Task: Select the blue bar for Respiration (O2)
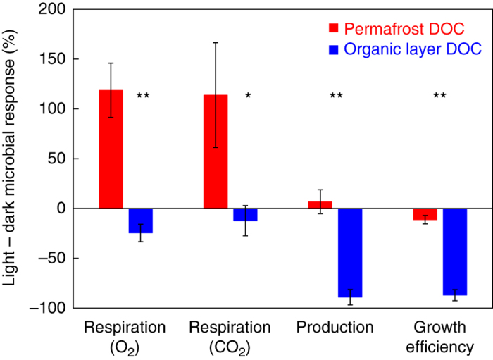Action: coord(140,221)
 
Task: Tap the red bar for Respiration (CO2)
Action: coord(216,151)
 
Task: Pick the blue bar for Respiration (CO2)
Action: coord(245,215)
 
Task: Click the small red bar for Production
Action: coord(320,205)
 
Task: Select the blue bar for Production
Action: coord(349,253)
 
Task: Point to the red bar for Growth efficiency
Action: coord(425,214)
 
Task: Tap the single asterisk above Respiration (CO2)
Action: coord(248,96)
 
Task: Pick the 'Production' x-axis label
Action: coord(335,328)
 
